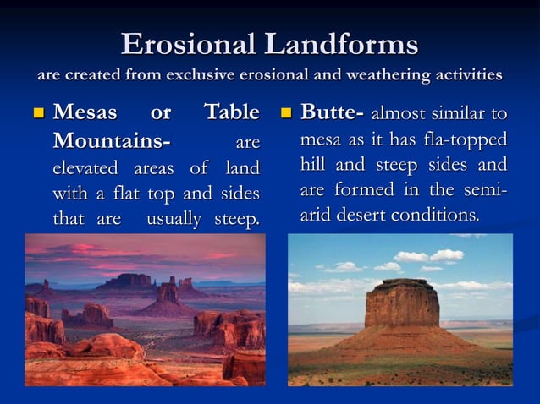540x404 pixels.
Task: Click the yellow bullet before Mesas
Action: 36,114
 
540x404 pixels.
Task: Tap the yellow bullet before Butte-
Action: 285,114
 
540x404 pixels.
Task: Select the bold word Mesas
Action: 87,112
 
